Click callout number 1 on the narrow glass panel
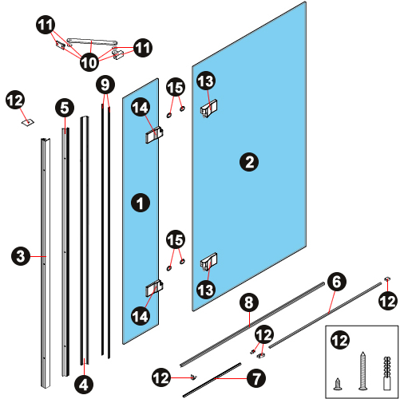[x=141, y=203]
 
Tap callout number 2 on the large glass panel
[x=249, y=162]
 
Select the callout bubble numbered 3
[x=21, y=256]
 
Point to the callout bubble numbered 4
[x=84, y=385]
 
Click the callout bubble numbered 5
[x=65, y=108]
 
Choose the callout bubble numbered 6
[x=337, y=282]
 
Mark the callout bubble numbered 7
[x=256, y=378]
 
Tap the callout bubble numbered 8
[x=249, y=302]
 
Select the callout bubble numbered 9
[x=105, y=85]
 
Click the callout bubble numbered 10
[x=89, y=63]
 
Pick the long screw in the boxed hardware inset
[x=362, y=370]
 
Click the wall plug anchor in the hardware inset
[x=387, y=373]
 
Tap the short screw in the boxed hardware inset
[x=338, y=384]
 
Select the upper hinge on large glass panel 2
[x=208, y=109]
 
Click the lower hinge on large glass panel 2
[x=208, y=262]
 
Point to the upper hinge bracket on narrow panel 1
[x=154, y=135]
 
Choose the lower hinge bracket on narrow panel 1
[x=154, y=288]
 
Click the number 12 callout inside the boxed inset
[x=340, y=341]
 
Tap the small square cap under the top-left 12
[x=28, y=122]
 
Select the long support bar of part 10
[x=92, y=41]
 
